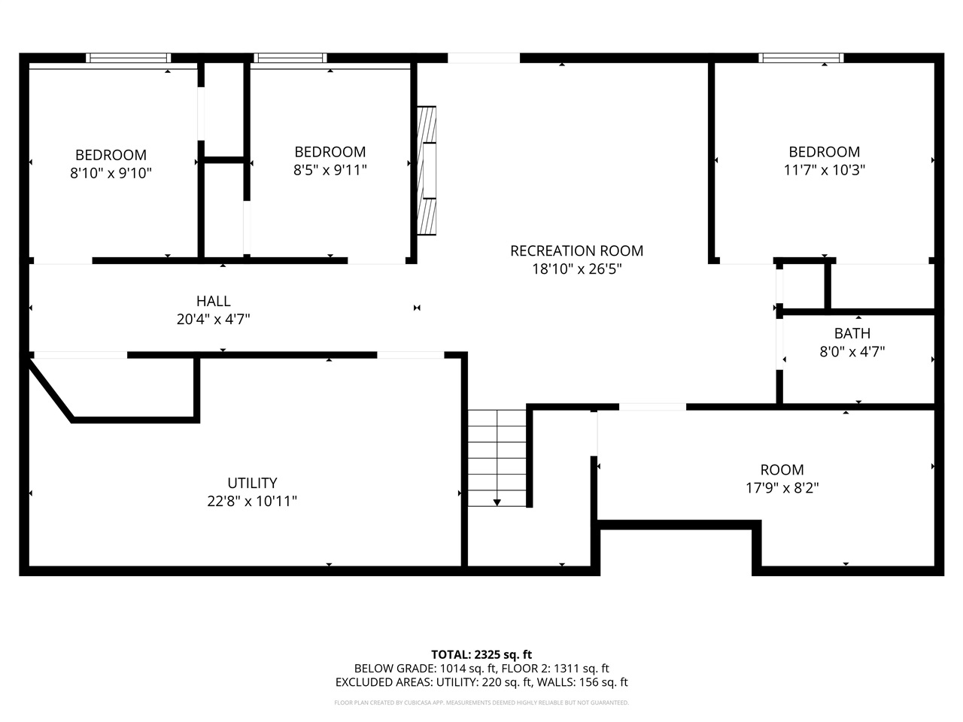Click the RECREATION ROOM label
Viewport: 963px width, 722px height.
(576, 251)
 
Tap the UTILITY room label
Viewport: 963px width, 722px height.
(252, 483)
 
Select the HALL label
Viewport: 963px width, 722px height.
(213, 301)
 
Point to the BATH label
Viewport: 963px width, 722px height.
(852, 333)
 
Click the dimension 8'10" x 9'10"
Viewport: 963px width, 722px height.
(111, 173)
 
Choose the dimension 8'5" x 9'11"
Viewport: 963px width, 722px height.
(330, 170)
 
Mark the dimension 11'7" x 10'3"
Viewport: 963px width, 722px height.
(824, 170)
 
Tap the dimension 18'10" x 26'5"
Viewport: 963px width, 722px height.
(576, 269)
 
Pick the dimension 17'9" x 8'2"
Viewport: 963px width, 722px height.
(782, 488)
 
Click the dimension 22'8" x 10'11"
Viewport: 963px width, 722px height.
(252, 501)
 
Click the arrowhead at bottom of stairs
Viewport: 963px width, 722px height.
(497, 502)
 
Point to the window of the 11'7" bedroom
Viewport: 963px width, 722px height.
(800, 58)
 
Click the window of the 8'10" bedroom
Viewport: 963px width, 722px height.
(128, 58)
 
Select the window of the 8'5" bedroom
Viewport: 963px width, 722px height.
(290, 58)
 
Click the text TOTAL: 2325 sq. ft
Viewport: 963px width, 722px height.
(481, 654)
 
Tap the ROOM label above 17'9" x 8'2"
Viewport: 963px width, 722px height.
(782, 470)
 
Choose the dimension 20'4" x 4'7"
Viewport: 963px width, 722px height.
(213, 319)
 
